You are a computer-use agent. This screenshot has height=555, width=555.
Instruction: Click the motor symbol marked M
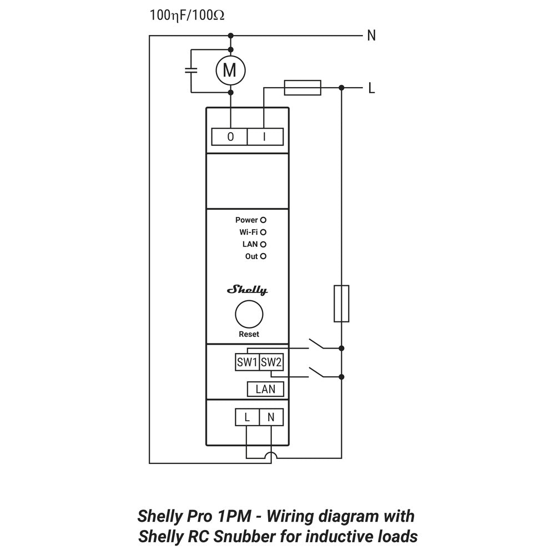point(230,70)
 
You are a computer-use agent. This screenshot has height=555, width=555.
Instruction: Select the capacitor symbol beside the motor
point(191,70)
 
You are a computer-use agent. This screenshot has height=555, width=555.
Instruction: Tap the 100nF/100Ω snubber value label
point(187,15)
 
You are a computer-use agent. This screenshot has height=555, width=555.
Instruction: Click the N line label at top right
point(371,36)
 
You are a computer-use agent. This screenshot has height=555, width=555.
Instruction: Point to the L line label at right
point(371,88)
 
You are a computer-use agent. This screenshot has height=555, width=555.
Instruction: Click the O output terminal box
point(230,137)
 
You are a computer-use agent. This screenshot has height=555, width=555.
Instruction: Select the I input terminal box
point(265,137)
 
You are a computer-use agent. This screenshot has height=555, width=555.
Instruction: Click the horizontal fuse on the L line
point(302,87)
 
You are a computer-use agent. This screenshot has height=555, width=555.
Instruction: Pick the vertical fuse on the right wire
point(341,304)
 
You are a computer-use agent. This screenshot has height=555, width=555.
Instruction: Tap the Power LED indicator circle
point(264,220)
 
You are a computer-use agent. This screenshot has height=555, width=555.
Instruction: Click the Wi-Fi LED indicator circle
point(264,232)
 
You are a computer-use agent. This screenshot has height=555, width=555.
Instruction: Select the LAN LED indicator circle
point(264,244)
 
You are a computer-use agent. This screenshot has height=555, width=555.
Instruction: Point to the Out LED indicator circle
point(264,256)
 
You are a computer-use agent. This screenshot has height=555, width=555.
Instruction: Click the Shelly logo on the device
point(248,290)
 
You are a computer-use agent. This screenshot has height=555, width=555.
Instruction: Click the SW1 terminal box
point(247,363)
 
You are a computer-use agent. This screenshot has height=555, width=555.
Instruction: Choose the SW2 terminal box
point(271,363)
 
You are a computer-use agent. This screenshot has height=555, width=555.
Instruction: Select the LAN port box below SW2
point(265,389)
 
